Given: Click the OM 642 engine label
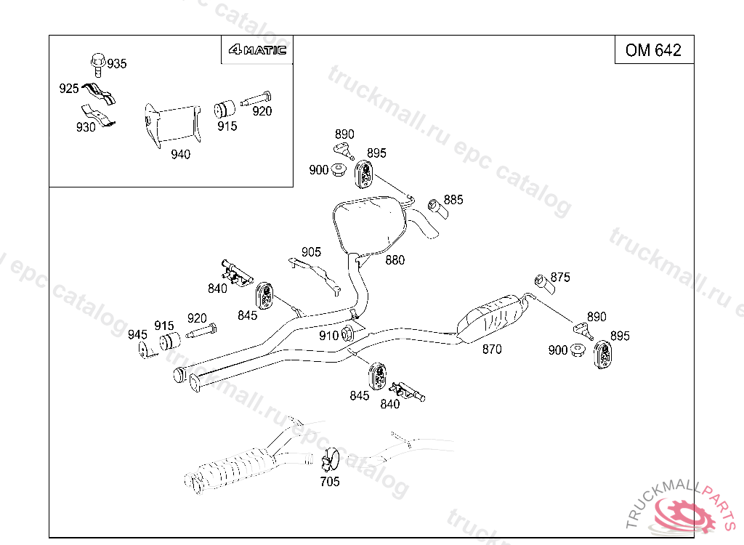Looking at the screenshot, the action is [653, 50].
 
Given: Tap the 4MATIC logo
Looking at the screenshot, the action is [257, 50].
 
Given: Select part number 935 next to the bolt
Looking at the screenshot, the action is [117, 64].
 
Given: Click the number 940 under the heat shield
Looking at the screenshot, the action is [180, 154].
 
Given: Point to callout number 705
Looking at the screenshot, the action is [330, 481].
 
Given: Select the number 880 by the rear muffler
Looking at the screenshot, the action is [395, 260].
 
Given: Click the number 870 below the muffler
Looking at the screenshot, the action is [492, 350].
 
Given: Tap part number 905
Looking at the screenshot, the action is [311, 252].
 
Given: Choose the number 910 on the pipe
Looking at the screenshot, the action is [328, 336].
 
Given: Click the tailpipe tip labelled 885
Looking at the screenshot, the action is [438, 209].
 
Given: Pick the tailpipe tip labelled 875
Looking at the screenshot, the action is [545, 284].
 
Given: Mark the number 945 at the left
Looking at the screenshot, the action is [137, 335].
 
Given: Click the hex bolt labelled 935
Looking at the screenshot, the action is [98, 65].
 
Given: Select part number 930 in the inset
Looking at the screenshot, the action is [86, 127].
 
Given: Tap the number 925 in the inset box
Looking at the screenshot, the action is [69, 89].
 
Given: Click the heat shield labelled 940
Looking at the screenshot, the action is [172, 125].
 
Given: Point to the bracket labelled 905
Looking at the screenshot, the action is [316, 276].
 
